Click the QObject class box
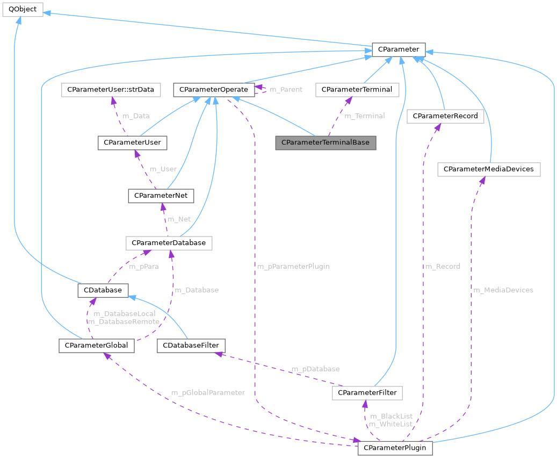(23, 10)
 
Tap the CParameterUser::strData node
(111, 90)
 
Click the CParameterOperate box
(214, 90)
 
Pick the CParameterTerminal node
(357, 90)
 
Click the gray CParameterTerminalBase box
(325, 142)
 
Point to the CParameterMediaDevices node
(489, 169)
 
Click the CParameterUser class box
(132, 142)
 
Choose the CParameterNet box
(161, 196)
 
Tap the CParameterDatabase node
(169, 243)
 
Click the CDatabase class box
(103, 290)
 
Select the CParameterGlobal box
(96, 346)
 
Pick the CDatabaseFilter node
(191, 346)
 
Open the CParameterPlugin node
(395, 448)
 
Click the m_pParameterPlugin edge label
(293, 267)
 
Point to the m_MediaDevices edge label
(503, 290)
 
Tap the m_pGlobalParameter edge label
(208, 393)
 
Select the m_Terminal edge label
(365, 116)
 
